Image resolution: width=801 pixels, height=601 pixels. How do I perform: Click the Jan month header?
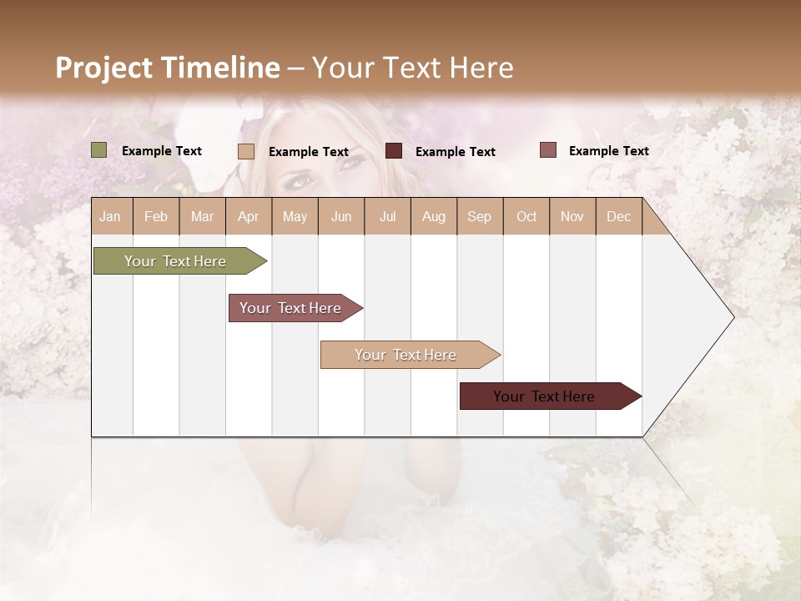click(110, 216)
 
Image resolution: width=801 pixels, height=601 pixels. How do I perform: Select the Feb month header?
click(156, 216)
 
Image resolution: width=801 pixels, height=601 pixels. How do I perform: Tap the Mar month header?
click(202, 216)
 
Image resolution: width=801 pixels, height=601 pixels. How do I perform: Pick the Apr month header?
click(248, 216)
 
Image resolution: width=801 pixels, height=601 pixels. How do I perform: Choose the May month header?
click(295, 216)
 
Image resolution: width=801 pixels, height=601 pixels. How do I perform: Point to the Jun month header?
click(341, 216)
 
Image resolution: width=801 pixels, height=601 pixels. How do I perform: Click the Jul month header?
click(387, 216)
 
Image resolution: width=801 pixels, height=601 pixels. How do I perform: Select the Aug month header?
click(433, 216)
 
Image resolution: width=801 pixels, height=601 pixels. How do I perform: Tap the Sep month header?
click(479, 216)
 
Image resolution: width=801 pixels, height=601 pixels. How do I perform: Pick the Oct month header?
click(526, 216)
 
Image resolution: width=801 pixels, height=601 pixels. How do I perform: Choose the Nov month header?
click(572, 216)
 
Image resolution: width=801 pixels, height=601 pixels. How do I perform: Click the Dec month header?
click(618, 216)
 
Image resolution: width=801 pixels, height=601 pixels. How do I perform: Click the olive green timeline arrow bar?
click(175, 261)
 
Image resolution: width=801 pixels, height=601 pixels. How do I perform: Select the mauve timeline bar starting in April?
click(291, 308)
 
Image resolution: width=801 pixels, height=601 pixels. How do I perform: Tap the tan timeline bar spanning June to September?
click(406, 355)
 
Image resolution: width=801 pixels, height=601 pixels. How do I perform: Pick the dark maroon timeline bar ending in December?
click(545, 396)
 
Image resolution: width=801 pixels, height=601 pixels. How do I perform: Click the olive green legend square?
click(99, 150)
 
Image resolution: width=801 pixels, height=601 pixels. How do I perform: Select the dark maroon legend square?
click(394, 150)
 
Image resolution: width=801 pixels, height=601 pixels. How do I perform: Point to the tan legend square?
click(246, 151)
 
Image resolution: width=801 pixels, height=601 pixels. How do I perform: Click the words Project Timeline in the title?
click(167, 68)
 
